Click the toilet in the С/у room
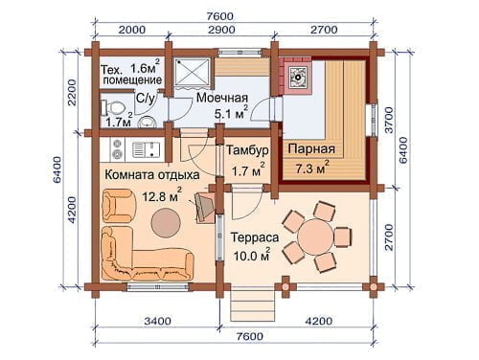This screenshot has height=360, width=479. click(x=112, y=107)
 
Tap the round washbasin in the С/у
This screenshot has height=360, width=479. click(x=148, y=122)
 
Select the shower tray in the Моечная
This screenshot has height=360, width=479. click(x=193, y=73)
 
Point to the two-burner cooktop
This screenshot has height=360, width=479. click(x=117, y=148)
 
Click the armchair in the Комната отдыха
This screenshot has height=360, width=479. click(x=118, y=205)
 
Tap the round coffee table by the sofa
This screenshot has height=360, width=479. click(x=166, y=223)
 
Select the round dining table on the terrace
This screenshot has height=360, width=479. click(x=315, y=236)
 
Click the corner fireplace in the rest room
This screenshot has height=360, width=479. click(x=204, y=207)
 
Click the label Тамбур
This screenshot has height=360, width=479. click(x=248, y=150)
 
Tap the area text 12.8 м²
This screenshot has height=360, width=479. click(x=162, y=196)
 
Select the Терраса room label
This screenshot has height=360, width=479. click(x=255, y=237)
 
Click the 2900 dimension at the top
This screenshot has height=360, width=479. click(x=221, y=30)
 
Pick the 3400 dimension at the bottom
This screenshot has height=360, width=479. click(x=157, y=321)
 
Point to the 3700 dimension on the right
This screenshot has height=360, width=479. click(x=389, y=120)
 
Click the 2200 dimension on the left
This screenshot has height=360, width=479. click(x=72, y=93)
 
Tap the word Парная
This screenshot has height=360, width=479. click(x=311, y=148)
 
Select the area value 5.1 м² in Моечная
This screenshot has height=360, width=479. click(x=231, y=113)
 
